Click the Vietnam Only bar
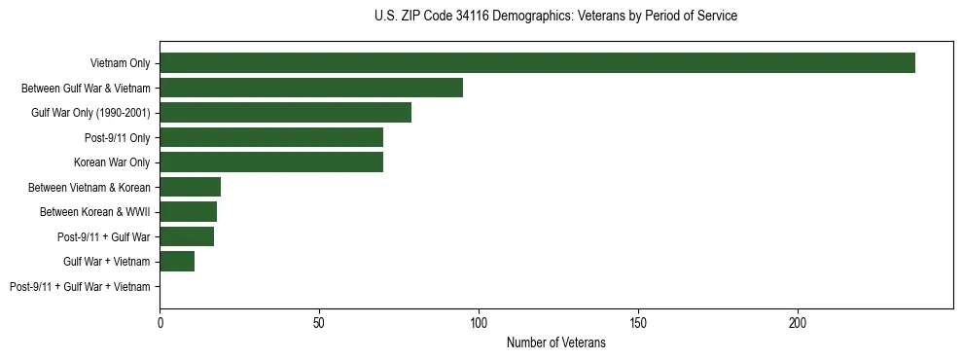pyautogui.click(x=537, y=63)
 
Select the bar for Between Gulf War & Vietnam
pyautogui.click(x=311, y=88)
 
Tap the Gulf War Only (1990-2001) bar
pyautogui.click(x=285, y=112)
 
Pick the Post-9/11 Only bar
pyautogui.click(x=271, y=137)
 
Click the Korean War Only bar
pyautogui.click(x=271, y=162)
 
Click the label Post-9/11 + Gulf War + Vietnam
pyautogui.click(x=80, y=286)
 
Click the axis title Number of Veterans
pyautogui.click(x=555, y=342)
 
